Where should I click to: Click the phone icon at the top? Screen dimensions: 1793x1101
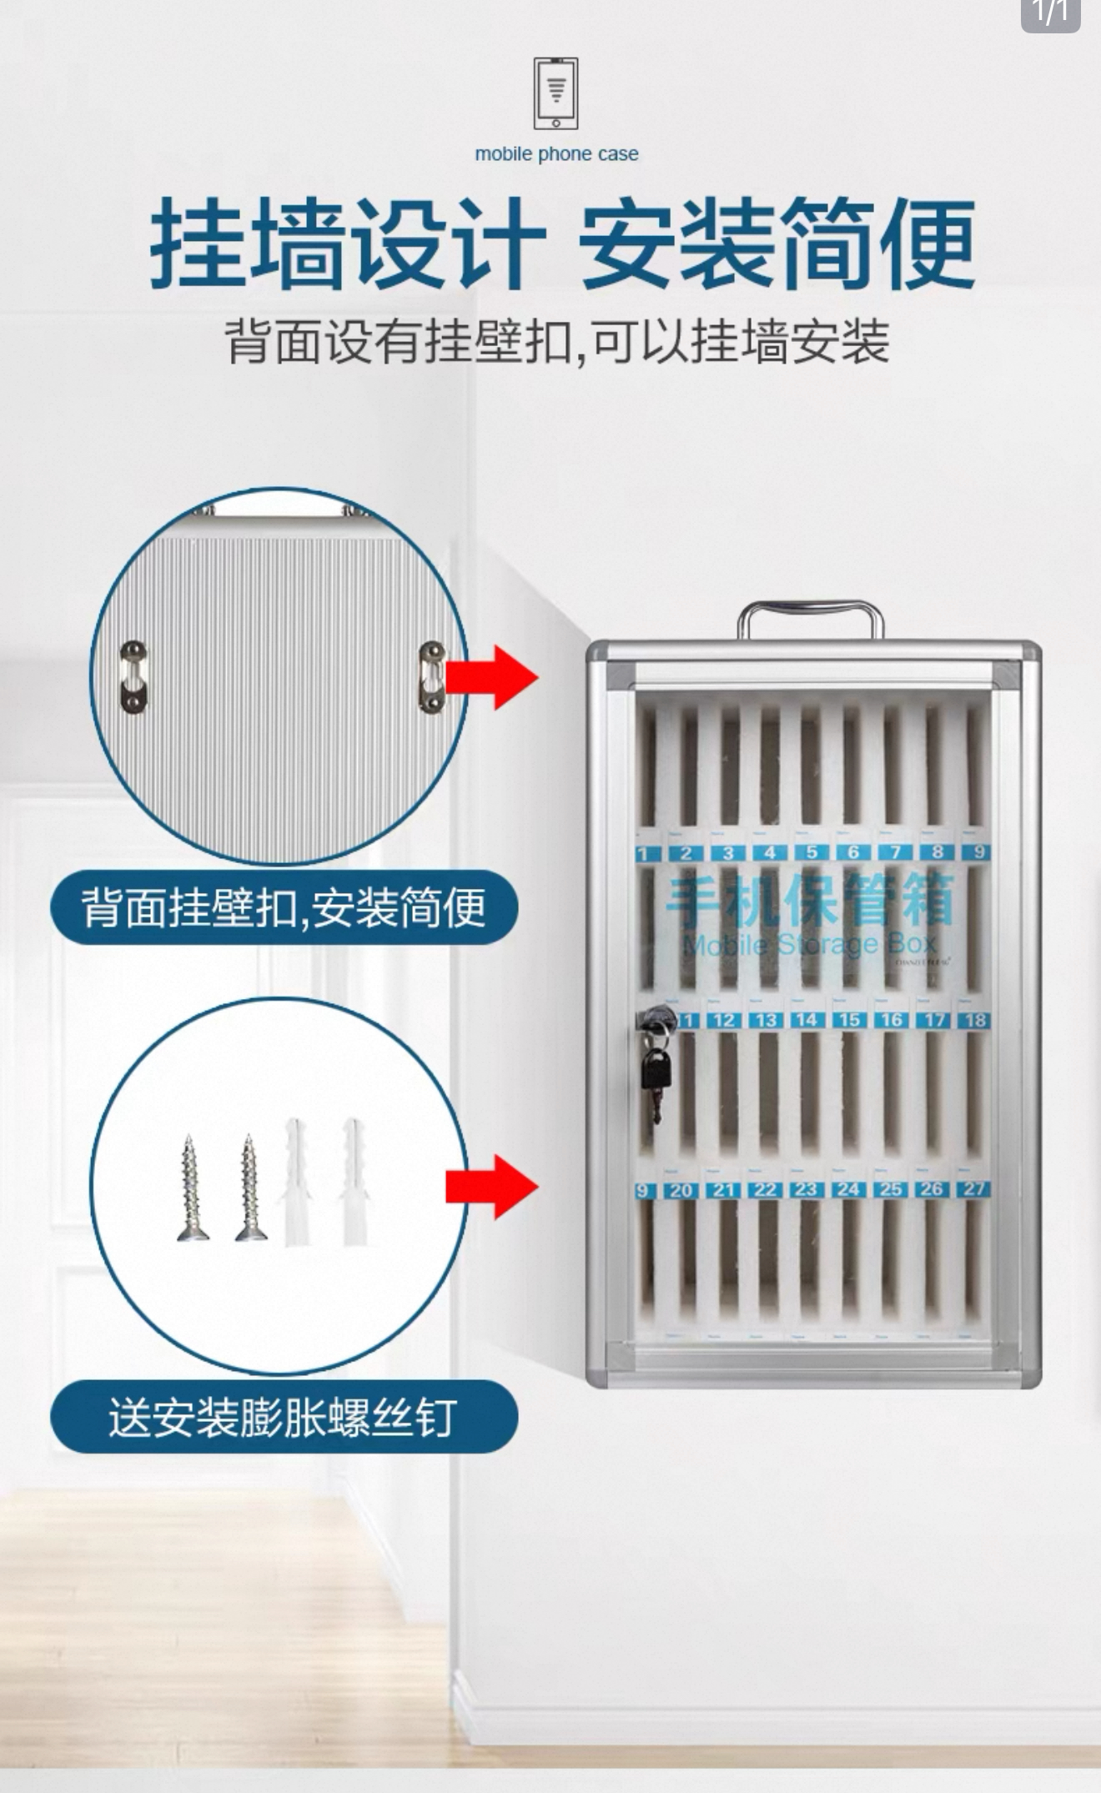coord(556,93)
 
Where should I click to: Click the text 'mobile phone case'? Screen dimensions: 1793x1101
coord(556,154)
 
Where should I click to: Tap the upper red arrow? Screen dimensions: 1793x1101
coord(493,677)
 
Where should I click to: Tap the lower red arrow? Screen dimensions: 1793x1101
coord(493,1187)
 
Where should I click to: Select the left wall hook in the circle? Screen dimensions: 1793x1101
coord(133,676)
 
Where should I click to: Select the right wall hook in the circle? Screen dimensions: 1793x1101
coord(431,677)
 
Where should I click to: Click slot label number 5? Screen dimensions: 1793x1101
coord(811,852)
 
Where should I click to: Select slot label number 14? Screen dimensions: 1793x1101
coord(806,1020)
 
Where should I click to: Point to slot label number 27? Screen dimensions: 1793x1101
coord(974,1189)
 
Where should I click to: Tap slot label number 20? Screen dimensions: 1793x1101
coord(681,1191)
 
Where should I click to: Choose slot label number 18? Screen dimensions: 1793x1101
coord(974,1020)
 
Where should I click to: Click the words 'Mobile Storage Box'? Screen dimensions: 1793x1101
coord(809,945)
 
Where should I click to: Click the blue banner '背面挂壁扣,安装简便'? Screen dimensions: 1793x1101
coord(284,907)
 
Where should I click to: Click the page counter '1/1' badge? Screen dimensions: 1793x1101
coord(1050,13)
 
